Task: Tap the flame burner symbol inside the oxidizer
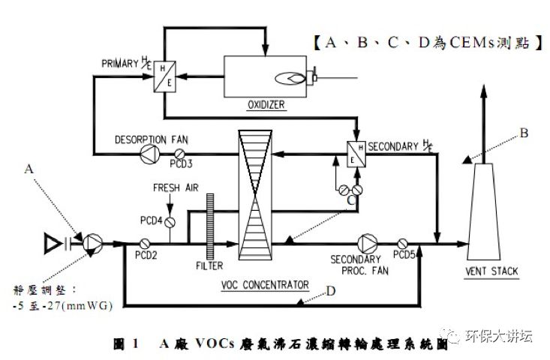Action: (x=293, y=76)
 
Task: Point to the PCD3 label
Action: (x=182, y=163)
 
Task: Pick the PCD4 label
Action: (x=151, y=220)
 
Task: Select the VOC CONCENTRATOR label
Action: (x=265, y=285)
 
